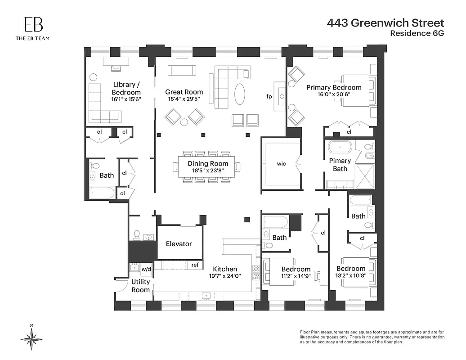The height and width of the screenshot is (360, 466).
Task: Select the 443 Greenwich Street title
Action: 385,23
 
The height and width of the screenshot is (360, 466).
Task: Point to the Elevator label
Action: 179,244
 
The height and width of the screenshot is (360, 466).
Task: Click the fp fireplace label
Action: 269,97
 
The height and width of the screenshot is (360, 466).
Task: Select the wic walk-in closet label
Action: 281,164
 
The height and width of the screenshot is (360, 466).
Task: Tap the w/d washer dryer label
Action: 147,269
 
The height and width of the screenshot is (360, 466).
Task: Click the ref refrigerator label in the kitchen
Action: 195,265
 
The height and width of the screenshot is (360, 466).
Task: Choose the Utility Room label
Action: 140,286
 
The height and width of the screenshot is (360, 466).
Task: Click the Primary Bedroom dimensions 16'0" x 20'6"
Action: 334,94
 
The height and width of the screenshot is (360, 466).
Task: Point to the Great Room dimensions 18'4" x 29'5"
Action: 184,99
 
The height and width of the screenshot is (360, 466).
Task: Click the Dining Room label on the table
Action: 208,163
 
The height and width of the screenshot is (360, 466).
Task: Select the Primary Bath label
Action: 340,165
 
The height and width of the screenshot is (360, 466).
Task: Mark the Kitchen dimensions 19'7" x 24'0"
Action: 222,276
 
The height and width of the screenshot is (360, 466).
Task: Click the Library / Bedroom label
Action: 127,88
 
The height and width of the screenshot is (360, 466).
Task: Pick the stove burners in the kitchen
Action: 257,273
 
